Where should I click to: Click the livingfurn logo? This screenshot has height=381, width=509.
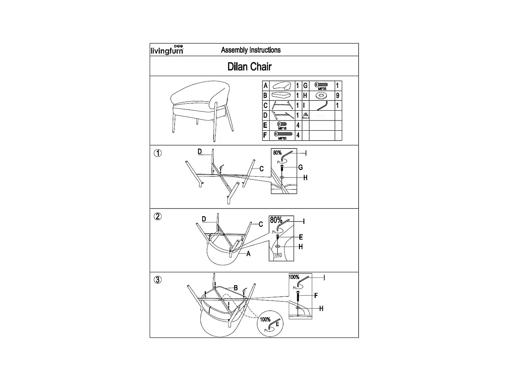click(x=167, y=50)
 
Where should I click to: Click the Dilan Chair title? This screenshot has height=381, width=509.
click(x=250, y=66)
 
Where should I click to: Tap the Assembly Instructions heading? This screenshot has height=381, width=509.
click(x=250, y=50)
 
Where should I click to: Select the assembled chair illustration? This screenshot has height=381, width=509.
click(x=201, y=109)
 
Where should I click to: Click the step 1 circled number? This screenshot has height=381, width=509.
click(x=158, y=153)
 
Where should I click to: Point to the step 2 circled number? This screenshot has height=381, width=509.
click(x=158, y=217)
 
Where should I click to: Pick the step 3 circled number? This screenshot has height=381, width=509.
click(x=158, y=280)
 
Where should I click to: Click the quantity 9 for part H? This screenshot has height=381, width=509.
click(x=338, y=96)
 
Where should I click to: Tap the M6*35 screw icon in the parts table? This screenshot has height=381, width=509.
click(x=322, y=85)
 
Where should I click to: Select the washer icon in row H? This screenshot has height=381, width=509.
click(x=321, y=96)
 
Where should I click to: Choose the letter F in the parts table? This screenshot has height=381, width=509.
click(x=266, y=136)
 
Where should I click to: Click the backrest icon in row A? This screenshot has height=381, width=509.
click(x=282, y=85)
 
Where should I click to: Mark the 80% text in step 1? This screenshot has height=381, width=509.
click(x=278, y=153)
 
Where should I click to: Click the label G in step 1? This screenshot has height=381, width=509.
click(x=300, y=167)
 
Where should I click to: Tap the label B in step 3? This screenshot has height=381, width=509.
click(x=236, y=288)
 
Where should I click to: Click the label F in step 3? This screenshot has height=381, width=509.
click(x=316, y=296)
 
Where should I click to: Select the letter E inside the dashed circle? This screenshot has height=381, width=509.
click(x=277, y=324)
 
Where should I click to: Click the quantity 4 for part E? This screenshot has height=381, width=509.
click(x=298, y=125)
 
